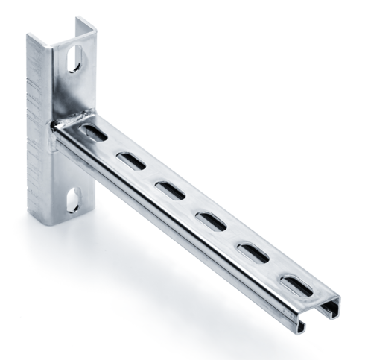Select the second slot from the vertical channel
point(129,160)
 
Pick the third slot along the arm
point(168,189)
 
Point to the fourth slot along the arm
point(211,220)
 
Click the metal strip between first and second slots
point(112,147)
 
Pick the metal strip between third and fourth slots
point(189,205)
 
